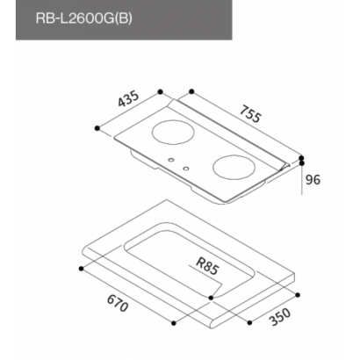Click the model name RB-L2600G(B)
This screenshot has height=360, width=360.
tap(83, 18)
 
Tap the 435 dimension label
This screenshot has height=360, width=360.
tap(128, 99)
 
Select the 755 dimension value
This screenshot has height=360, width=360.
tap(249, 114)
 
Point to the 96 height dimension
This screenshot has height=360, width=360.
tap(313, 180)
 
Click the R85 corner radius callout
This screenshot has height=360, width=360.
tap(207, 265)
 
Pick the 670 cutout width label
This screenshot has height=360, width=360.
tap(118, 303)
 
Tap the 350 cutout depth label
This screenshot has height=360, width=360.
tap(280, 317)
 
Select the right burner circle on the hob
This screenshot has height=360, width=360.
tap(234, 168)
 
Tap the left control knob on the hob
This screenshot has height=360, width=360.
tap(171, 160)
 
